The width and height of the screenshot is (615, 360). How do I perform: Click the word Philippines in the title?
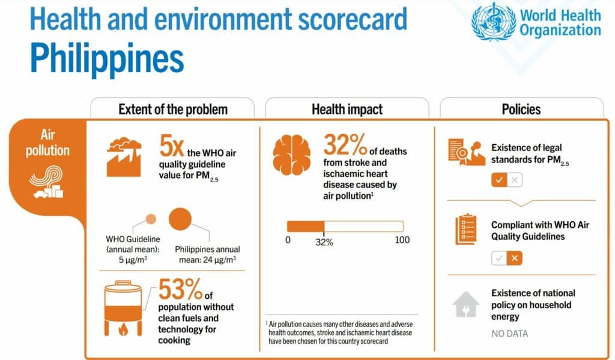click(106, 58)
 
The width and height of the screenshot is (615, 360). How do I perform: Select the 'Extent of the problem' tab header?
click(172, 109)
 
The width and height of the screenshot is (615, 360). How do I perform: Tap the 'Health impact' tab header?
click(347, 109)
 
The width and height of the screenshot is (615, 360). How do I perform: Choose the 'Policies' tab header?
click(521, 109)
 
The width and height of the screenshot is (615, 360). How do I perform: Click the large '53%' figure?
click(181, 291)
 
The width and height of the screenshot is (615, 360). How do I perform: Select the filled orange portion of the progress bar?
click(305, 226)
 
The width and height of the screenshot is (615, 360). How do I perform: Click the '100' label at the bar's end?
click(402, 240)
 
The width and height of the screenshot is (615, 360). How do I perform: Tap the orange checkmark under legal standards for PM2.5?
click(499, 180)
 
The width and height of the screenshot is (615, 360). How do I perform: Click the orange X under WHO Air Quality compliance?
click(514, 258)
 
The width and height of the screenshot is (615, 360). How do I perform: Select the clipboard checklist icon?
click(467, 229)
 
